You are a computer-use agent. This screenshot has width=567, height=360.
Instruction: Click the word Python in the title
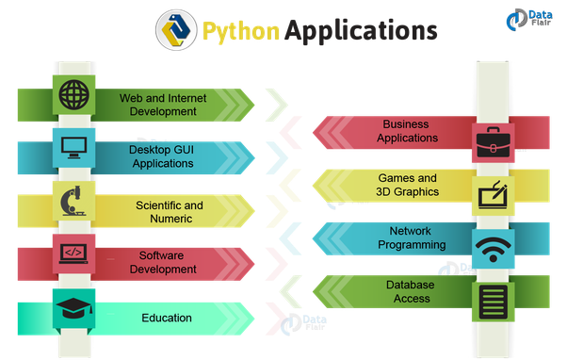click(x=239, y=31)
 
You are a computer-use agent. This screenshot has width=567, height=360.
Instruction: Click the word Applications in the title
click(x=362, y=31)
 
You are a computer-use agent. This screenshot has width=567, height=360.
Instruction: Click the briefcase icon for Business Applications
click(x=493, y=139)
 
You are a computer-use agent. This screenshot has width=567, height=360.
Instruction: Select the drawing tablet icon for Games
click(x=493, y=194)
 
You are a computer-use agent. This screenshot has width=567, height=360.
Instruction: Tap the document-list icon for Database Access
click(x=493, y=302)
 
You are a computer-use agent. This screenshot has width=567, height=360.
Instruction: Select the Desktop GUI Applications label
click(x=161, y=155)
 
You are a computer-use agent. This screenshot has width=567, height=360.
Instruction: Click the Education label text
click(x=167, y=318)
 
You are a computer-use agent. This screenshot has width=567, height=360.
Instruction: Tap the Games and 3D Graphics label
click(x=408, y=185)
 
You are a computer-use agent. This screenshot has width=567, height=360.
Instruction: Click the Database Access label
click(x=408, y=291)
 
